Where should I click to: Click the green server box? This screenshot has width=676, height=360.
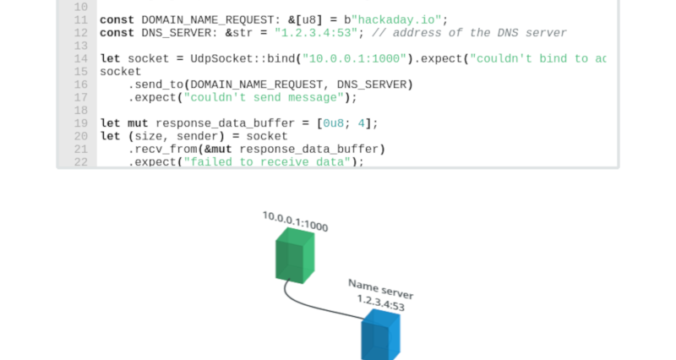(294, 255)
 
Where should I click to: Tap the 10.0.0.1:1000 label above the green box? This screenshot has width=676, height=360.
(295, 221)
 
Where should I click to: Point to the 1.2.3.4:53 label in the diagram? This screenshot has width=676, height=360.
(380, 303)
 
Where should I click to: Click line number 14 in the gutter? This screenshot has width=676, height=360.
(80, 59)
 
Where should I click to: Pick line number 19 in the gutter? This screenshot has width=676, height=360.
(80, 123)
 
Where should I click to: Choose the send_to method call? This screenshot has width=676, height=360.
(159, 85)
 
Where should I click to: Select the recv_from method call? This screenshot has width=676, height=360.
(166, 150)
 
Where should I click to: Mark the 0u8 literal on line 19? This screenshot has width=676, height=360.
(334, 123)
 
